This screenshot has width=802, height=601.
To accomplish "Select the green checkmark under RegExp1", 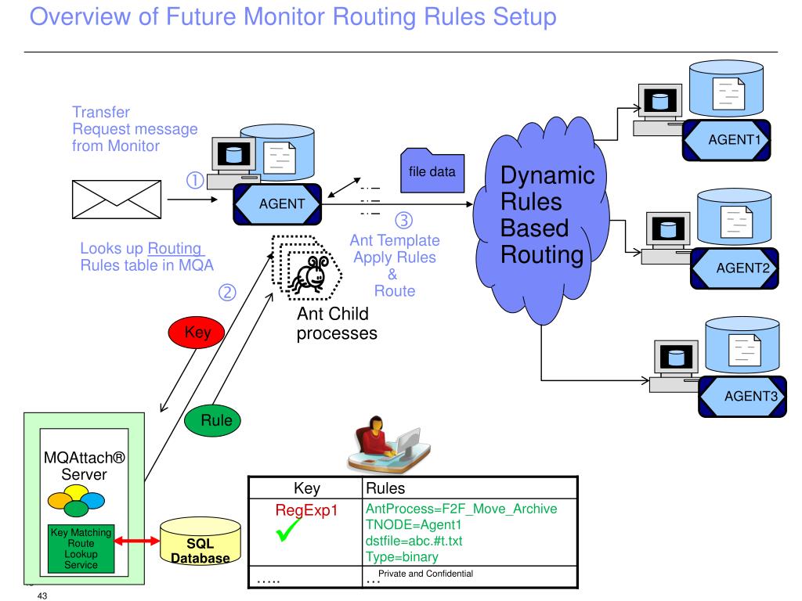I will (x=291, y=534).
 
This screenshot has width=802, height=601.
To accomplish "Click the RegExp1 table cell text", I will (x=305, y=511).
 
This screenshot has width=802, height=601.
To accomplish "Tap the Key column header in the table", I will (x=306, y=488).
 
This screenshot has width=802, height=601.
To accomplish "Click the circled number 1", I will (x=194, y=181).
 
